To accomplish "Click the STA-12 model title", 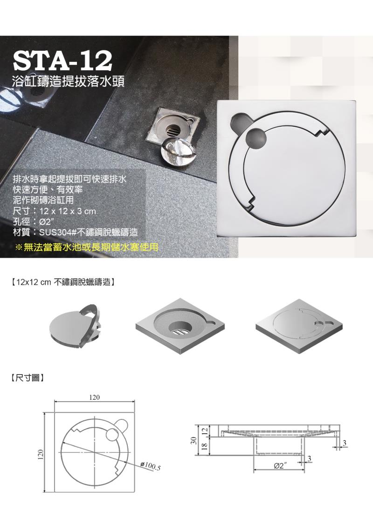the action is (62, 61).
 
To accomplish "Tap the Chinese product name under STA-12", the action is (68, 82).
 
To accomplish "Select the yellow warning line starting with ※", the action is (87, 247).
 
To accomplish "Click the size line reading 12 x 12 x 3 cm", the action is (54, 212).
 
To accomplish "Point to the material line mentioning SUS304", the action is (75, 232).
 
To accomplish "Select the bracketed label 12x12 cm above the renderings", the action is (62, 281).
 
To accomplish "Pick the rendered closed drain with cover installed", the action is (299, 326).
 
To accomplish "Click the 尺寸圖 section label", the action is (28, 378).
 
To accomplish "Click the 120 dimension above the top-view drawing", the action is (95, 397).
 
